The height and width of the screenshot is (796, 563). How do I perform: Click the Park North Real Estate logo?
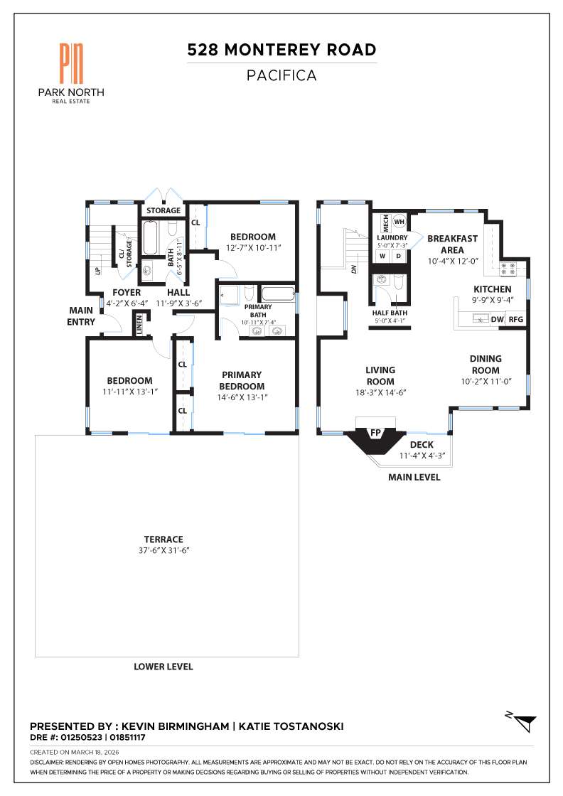tap(71, 71)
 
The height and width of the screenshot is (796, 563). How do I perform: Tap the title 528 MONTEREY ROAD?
tap(281, 50)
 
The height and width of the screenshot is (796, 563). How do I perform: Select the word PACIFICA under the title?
tap(281, 75)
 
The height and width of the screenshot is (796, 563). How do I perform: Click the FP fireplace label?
tap(375, 432)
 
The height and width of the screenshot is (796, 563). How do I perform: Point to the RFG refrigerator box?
tap(515, 320)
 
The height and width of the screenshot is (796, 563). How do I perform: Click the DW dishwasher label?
tap(497, 320)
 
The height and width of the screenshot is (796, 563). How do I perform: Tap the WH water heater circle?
tap(399, 221)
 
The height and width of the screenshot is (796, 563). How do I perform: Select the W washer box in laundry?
tap(382, 255)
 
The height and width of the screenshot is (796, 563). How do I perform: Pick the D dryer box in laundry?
tap(398, 255)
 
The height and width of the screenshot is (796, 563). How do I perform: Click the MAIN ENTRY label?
tap(82, 316)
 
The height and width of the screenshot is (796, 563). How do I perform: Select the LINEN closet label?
tap(140, 324)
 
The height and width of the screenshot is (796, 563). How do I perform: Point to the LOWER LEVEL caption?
tap(163, 667)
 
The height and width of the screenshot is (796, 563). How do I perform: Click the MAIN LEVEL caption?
tap(414, 478)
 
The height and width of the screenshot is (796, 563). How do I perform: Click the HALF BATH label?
tap(390, 312)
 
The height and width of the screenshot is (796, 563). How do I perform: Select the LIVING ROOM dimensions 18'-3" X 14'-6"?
tap(380, 392)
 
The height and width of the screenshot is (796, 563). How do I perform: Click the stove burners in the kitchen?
tap(509, 269)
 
